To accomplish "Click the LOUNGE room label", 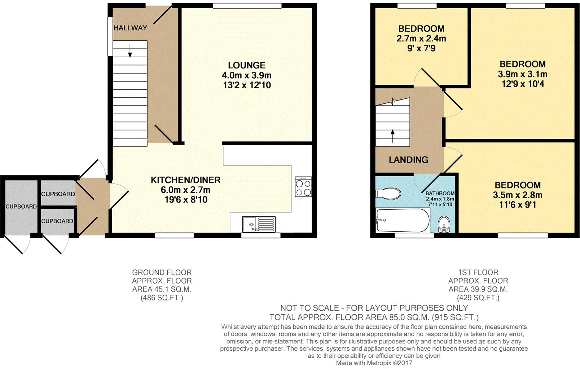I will tap(246, 65).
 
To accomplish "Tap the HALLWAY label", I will tap(130, 28).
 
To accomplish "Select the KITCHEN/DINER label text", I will tap(185, 180).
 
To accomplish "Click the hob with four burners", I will tap(303, 187).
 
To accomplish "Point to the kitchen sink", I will tap(258, 224).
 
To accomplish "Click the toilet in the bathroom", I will tap(388, 194).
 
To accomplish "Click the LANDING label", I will tap(408, 160).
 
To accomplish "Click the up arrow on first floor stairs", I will tap(392, 136).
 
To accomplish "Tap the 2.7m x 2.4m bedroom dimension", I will tap(421, 38).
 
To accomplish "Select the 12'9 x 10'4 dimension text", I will tap(523, 84).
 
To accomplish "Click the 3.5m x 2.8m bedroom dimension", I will tap(517, 195).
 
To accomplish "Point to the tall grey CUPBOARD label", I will tap(21, 206).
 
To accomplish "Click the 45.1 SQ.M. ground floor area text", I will tap(162, 289).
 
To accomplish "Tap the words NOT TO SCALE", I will tap(309, 308).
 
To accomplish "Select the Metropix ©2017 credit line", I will tap(374, 363).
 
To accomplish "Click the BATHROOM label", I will tap(440, 194).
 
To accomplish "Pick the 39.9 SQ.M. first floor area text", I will tap(478, 289).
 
